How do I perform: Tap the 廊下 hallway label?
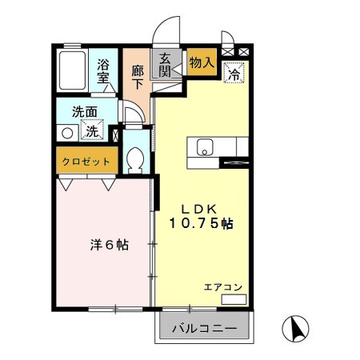pyautogui.click(x=137, y=74)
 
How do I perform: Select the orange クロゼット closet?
pyautogui.click(x=86, y=162)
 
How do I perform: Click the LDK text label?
pyautogui.click(x=200, y=207)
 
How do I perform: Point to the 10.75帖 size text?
pyautogui.click(x=201, y=225)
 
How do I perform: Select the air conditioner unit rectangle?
pyautogui.click(x=233, y=300)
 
